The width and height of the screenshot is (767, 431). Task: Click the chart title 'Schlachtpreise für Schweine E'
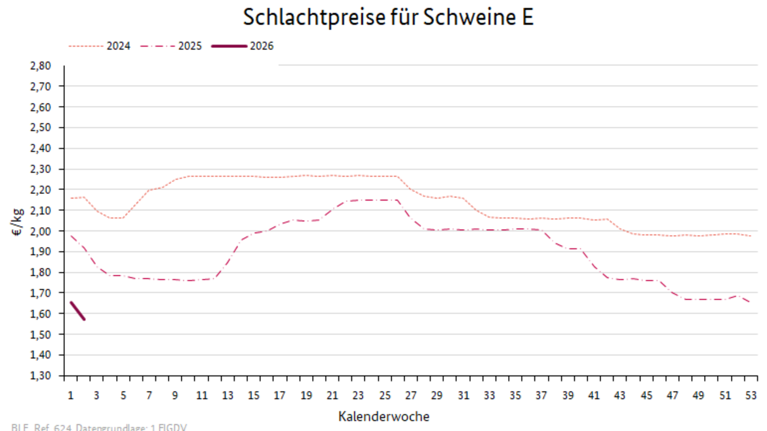point(388,18)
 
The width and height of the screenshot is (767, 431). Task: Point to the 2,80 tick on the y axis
point(40,66)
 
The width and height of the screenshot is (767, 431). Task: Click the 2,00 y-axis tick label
point(40,231)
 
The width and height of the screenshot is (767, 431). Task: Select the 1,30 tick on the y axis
point(40,376)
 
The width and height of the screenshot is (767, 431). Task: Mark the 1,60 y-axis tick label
point(40,314)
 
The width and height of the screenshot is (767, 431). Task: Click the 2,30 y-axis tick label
point(40,169)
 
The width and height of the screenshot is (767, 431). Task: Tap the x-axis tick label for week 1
point(70,396)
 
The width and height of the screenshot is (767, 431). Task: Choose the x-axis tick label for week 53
point(751,396)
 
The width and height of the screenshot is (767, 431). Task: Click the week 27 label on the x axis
point(410,396)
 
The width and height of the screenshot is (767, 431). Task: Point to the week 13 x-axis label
point(227,396)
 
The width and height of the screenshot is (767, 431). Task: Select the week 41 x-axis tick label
point(594,396)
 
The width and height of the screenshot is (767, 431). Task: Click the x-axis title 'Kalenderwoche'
point(384,417)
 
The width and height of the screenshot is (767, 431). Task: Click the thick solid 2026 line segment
point(77,310)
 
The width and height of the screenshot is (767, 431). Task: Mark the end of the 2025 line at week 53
point(751,302)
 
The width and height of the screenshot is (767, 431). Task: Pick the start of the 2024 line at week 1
point(71,198)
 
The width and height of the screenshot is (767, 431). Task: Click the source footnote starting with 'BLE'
point(99,427)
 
